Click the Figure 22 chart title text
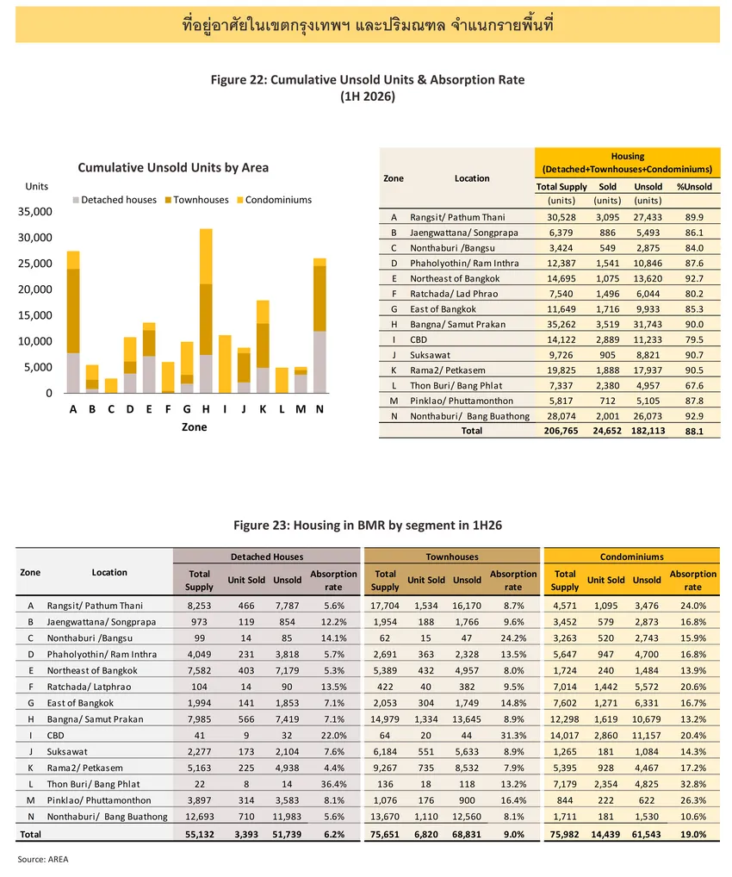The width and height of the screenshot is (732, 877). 368,88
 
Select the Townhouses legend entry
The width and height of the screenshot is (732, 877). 197,200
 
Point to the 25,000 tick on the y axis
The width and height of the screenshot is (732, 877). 35,264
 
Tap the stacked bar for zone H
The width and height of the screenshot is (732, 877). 206,310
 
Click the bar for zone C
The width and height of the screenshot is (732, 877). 111,385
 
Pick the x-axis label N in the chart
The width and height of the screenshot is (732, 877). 319,409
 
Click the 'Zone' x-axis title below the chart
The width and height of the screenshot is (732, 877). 194,426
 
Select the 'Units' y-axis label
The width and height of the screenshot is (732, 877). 37,186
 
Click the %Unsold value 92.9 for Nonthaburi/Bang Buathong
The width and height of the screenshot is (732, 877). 694,416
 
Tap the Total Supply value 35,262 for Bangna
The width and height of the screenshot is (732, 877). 561,325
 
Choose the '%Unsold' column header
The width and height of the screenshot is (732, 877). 694,187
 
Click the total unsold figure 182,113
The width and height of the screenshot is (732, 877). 648,431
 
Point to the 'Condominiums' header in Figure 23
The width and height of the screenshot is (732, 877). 632,557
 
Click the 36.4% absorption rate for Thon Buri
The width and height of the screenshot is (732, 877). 334,784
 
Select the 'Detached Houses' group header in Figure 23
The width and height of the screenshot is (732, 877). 267,557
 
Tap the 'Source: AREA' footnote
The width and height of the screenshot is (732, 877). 42,859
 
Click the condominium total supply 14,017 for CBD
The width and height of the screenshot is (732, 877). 565,736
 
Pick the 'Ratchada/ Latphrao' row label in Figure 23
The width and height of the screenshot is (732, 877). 89,687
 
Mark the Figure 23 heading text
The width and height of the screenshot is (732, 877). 368,526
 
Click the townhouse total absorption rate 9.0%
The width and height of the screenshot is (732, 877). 514,834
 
